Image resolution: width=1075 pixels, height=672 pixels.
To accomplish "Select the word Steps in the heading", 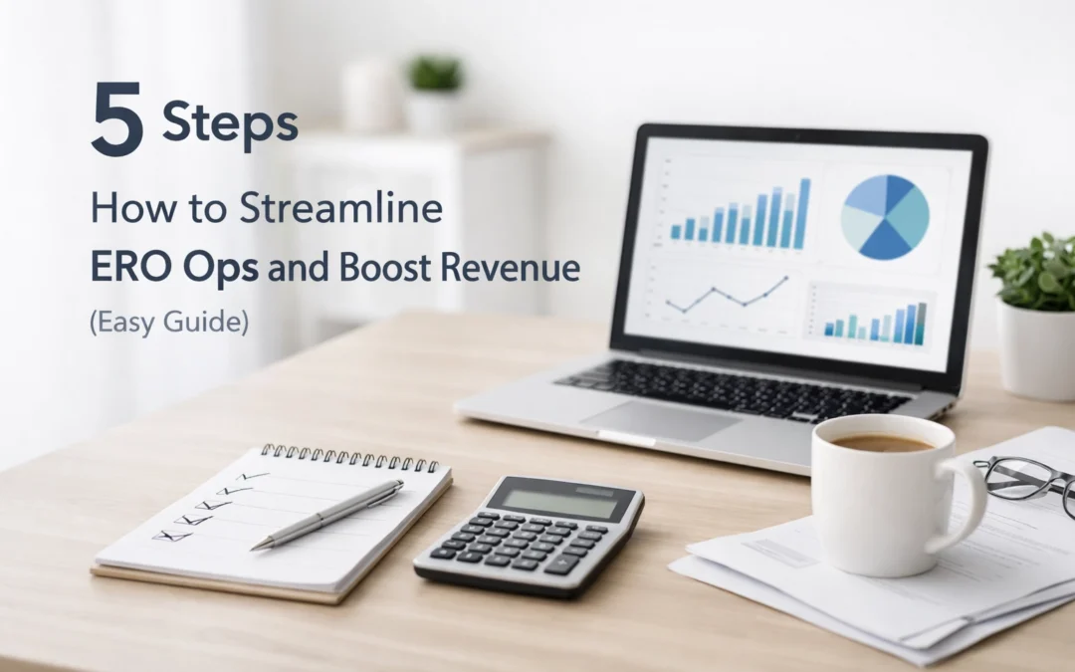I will click(x=230, y=125).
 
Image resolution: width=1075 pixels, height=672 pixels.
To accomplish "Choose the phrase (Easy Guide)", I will click(x=168, y=325).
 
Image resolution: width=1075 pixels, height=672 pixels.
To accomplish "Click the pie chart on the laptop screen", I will click(x=884, y=216).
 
